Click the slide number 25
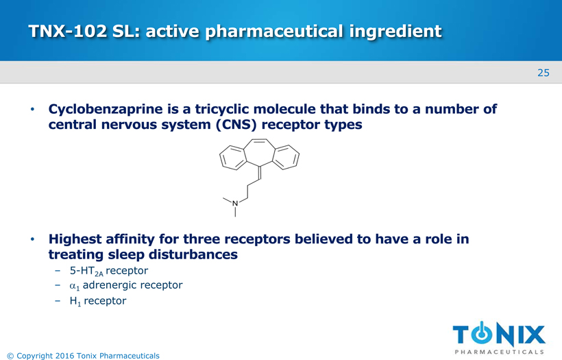coord(543,73)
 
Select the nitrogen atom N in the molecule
coord(235,203)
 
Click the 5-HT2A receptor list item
coord(108,271)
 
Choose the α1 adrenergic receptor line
coord(126,285)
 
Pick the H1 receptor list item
coord(98,301)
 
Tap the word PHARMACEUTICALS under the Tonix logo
coord(499,352)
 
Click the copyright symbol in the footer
coord(10,356)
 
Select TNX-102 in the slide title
coord(68,31)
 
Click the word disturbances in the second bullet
coord(193,254)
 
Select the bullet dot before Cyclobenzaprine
coord(33,109)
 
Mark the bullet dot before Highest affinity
coord(33,239)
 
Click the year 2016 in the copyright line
coord(64,356)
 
